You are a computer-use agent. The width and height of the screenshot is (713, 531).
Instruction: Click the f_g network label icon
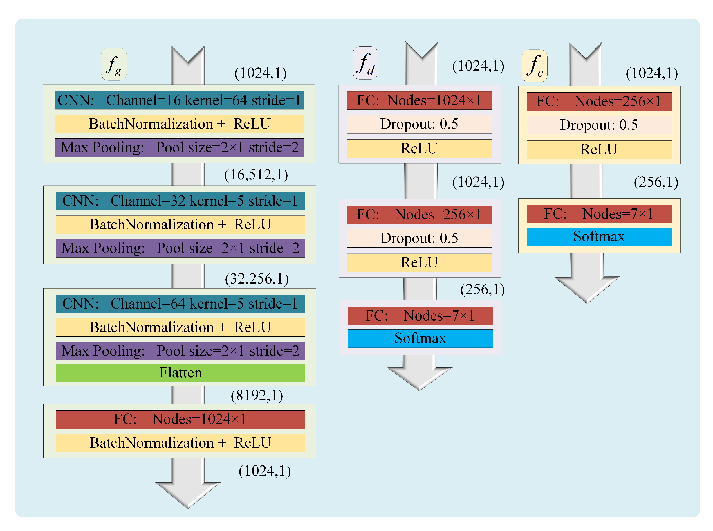coord(114,64)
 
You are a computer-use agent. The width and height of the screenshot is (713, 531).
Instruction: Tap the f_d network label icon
coord(365,63)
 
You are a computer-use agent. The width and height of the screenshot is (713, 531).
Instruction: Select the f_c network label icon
coord(534,66)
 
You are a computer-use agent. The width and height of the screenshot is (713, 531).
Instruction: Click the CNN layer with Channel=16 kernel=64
coord(179,100)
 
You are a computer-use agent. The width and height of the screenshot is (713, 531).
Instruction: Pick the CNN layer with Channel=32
coord(180,201)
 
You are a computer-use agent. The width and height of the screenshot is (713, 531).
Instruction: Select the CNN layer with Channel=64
coord(180,304)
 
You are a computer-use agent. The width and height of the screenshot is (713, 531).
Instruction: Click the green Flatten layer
coord(180,373)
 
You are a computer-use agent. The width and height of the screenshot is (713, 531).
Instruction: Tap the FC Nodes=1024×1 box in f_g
coord(180,419)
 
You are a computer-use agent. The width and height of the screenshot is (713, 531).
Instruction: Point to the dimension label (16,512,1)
coord(256,175)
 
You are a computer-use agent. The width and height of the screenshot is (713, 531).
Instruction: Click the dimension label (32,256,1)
coord(257,279)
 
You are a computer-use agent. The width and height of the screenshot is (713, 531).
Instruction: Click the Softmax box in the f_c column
coord(599,237)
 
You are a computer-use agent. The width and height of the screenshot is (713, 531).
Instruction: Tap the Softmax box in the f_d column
coord(420,338)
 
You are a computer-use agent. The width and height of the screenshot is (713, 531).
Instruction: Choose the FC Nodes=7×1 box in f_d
coord(420,316)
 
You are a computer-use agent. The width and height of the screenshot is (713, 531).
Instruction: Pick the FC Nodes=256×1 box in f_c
coord(599,102)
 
